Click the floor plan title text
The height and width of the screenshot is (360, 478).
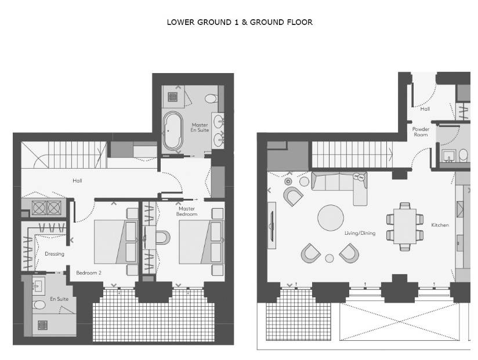tap(240, 22)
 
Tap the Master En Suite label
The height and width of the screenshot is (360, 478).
tap(200, 128)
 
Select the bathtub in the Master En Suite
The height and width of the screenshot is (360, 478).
tap(172, 131)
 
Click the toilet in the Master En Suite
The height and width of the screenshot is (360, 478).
tap(211, 99)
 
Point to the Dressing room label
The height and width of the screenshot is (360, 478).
tap(55, 254)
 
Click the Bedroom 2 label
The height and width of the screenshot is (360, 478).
tap(89, 273)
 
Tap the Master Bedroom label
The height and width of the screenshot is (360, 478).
tap(187, 212)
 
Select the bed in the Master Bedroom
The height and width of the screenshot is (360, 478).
tap(202, 242)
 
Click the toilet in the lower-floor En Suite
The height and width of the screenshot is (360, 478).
tap(39, 304)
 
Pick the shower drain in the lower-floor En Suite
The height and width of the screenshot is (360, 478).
tap(43, 325)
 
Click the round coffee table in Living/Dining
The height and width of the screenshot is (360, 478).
tap(331, 218)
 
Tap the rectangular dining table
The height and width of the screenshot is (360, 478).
tap(405, 226)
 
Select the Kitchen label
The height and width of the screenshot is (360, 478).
tap(440, 225)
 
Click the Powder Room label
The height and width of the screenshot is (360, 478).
tap(421, 132)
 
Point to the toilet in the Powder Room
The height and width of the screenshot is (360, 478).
tap(463, 155)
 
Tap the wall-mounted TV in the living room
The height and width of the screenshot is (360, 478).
tap(271, 226)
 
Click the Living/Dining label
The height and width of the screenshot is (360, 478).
tap(360, 233)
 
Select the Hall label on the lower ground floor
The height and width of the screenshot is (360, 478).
tap(77, 181)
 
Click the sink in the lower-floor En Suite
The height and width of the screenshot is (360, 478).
tap(39, 286)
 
